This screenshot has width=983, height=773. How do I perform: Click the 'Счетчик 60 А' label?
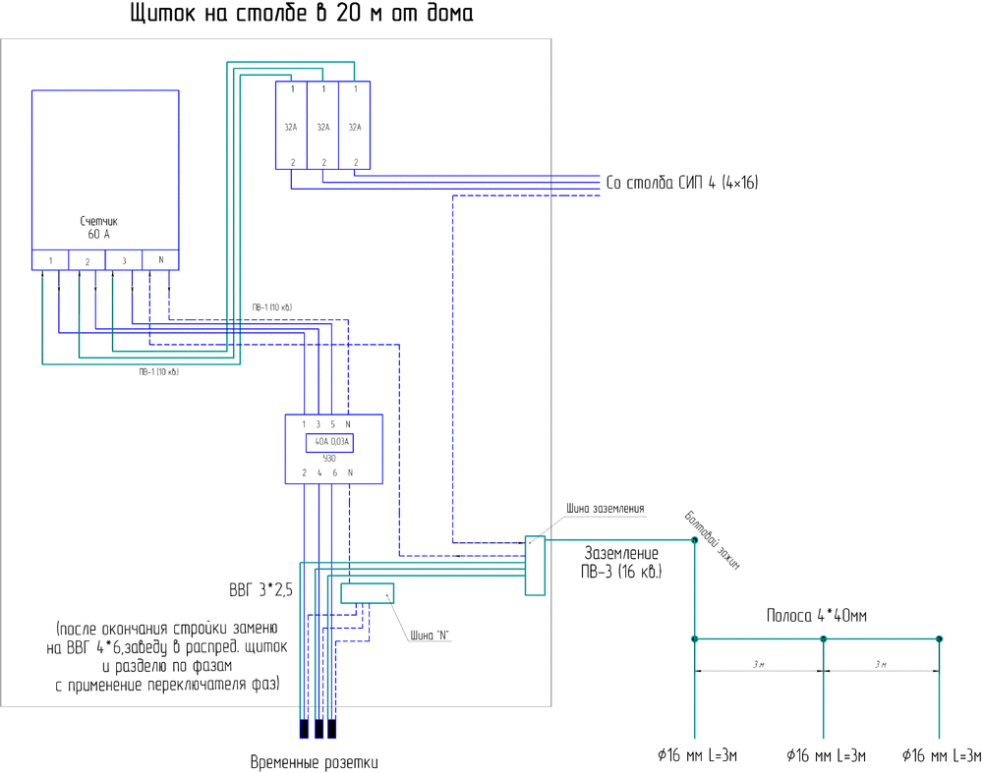[x=98, y=228]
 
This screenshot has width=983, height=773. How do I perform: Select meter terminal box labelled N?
[x=160, y=260]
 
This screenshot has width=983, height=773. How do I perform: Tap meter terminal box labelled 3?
[x=124, y=260]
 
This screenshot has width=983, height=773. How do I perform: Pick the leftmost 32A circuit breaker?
[x=291, y=126]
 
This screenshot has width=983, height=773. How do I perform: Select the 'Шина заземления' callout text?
[x=606, y=509]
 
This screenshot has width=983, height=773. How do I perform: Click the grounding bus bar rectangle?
[x=535, y=566]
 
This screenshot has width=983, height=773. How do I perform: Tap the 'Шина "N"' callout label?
[x=430, y=635]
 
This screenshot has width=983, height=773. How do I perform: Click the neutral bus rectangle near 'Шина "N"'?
[x=367, y=593]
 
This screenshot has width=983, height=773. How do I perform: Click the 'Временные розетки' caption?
[x=314, y=762]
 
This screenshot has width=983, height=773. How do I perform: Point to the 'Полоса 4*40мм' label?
[x=816, y=616]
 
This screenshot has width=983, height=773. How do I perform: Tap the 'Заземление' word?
[x=621, y=554]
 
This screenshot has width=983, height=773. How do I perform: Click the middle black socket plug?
[x=318, y=729]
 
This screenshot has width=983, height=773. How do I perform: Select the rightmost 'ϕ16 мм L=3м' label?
[x=942, y=755]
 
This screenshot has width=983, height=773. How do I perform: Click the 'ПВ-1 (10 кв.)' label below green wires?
[x=158, y=372]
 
